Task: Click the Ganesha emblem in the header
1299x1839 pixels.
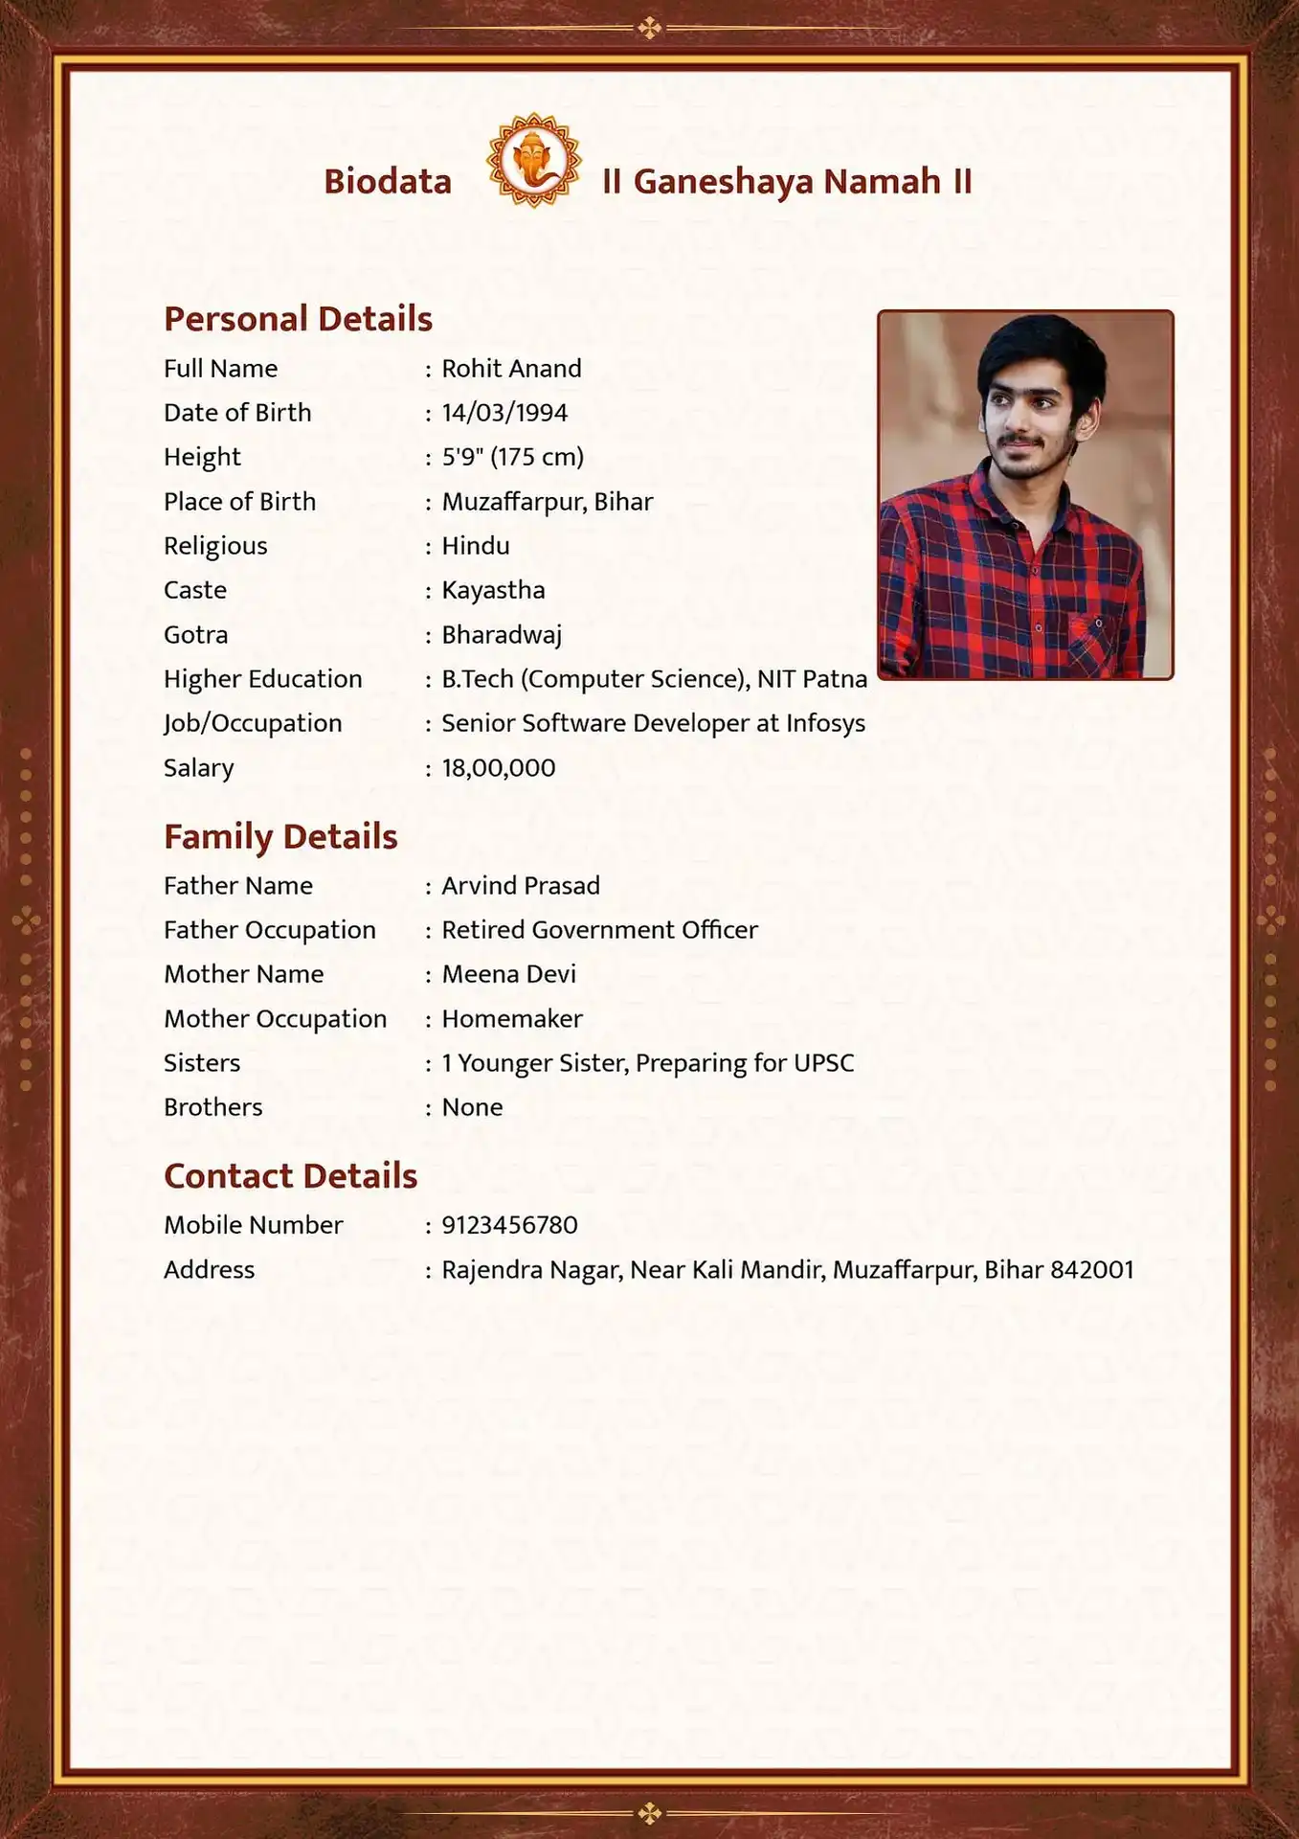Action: [x=534, y=160]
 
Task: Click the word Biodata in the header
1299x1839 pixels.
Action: [x=388, y=181]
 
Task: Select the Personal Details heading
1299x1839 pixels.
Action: [x=298, y=319]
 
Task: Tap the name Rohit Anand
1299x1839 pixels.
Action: [x=511, y=369]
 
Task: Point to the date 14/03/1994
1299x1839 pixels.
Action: [x=504, y=413]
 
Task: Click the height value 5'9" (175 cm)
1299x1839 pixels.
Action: [x=512, y=457]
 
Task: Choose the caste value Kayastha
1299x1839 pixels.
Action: [x=493, y=590]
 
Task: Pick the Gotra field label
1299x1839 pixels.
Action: [x=195, y=635]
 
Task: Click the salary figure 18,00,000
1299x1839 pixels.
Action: [x=498, y=768]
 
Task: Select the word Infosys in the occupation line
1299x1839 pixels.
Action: [x=825, y=723]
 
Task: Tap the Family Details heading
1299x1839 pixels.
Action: [x=280, y=837]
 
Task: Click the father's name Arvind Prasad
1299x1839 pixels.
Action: [x=521, y=886]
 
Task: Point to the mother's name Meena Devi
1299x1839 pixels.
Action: [x=508, y=974]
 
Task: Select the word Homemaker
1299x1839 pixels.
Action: [x=511, y=1019]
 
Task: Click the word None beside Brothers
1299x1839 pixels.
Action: [x=472, y=1107]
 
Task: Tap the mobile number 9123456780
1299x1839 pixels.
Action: [x=509, y=1225]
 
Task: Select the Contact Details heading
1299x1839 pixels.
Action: [x=290, y=1176]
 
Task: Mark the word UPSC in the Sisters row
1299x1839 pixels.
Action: [x=823, y=1063]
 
